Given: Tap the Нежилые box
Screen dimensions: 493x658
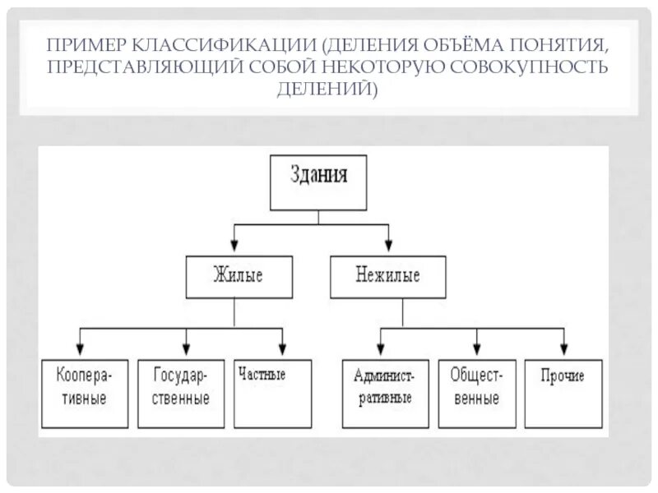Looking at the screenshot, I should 387,276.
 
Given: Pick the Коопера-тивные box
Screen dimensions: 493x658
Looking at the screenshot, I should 83,393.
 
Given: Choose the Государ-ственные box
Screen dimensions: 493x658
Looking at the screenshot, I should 181,393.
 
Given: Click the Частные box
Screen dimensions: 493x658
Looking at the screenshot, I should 273,393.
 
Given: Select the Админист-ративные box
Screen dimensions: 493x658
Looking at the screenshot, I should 384,393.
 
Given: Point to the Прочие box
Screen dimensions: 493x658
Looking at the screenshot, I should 563,393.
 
